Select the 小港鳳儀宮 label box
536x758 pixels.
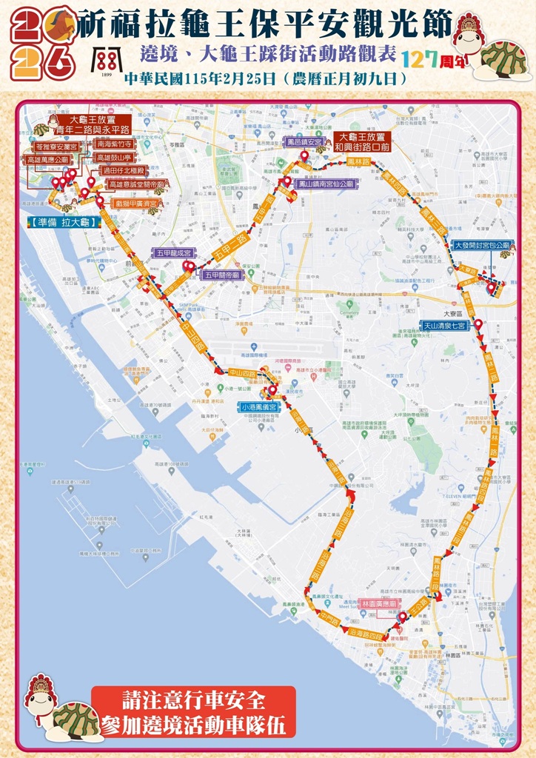coord(258,407)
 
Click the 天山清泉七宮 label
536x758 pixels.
coord(444,325)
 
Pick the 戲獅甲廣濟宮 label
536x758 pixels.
coord(138,203)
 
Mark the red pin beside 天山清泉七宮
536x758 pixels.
coord(478,324)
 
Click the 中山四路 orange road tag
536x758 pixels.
coord(241,374)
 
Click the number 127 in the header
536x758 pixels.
coord(418,58)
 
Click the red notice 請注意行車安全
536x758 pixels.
coord(193,699)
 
